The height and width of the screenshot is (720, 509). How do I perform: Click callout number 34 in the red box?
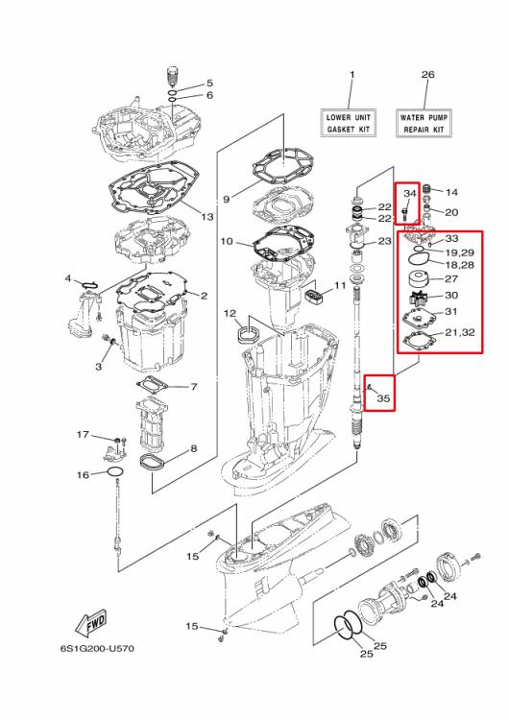407,192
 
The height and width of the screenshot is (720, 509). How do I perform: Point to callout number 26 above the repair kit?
427,74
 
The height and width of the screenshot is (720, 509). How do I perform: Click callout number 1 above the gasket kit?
351,74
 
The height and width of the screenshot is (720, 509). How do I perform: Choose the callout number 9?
227,199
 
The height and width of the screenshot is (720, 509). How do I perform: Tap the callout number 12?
230,314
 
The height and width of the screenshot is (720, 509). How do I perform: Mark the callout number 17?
84,435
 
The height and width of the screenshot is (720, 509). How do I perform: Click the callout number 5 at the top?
210,84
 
